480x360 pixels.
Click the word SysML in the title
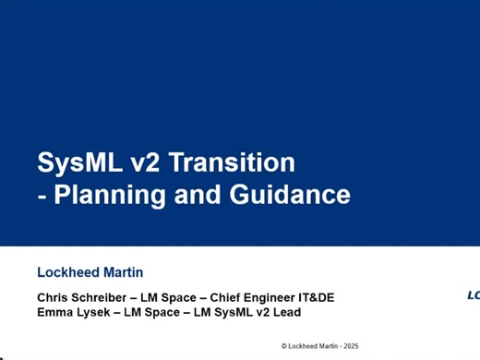point(78,163)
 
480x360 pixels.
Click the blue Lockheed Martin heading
point(90,272)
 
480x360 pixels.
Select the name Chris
point(54,297)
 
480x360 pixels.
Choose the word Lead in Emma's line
point(287,312)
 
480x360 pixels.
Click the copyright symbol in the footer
point(284,345)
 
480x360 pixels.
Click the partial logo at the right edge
point(473,295)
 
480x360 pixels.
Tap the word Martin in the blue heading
point(122,272)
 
